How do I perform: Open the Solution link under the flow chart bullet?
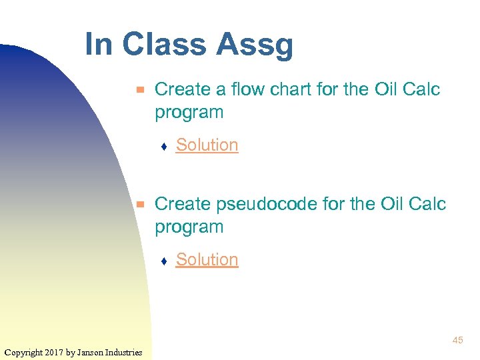[x=207, y=145]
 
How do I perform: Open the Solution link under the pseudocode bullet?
[x=207, y=259]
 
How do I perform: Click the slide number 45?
[x=457, y=341]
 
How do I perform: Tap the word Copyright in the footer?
[x=23, y=352]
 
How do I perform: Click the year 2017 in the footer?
[x=54, y=352]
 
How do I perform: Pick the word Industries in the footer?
[x=125, y=352]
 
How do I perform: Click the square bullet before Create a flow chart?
[x=140, y=89]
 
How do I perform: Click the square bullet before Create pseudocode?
[x=140, y=204]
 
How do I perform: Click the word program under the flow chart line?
[x=189, y=113]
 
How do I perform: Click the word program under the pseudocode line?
[x=189, y=227]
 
